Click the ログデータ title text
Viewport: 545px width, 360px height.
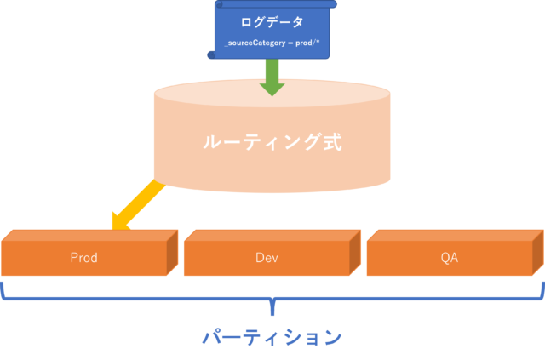click(x=272, y=22)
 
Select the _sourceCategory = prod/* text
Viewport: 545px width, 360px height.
click(x=272, y=43)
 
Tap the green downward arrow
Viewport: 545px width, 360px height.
click(x=272, y=77)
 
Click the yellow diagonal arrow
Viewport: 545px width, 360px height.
click(x=138, y=204)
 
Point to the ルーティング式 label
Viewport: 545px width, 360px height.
click(x=272, y=142)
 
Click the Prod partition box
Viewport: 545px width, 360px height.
click(x=89, y=253)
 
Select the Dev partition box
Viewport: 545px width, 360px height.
click(x=272, y=253)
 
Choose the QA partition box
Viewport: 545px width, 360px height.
click(x=456, y=253)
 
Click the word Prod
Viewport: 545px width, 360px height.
click(x=83, y=258)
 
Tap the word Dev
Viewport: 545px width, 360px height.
click(x=267, y=258)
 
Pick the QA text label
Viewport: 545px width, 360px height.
click(x=450, y=258)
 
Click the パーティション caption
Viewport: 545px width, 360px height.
click(x=272, y=337)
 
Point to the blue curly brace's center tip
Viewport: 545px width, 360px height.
click(x=272, y=315)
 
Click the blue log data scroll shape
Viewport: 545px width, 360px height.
click(x=272, y=30)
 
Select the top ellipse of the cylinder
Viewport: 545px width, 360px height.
click(x=272, y=93)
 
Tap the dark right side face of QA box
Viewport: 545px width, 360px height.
click(x=538, y=253)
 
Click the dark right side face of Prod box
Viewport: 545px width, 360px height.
click(x=172, y=253)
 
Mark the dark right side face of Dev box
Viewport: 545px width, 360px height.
click(x=355, y=253)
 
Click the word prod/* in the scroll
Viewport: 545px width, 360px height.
click(x=307, y=43)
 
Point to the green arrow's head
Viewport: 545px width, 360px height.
click(x=272, y=89)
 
